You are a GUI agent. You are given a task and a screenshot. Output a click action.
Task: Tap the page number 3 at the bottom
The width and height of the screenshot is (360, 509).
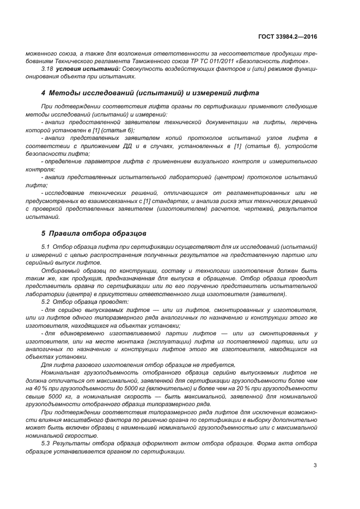pos(315,465)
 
